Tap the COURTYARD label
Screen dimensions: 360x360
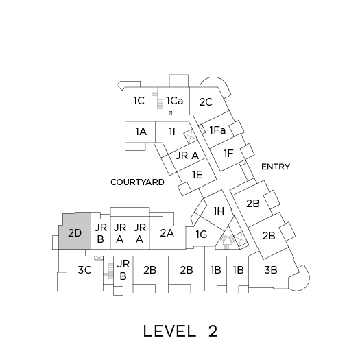coord(137,182)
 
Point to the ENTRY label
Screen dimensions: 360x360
coord(276,167)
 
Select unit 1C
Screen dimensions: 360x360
coord(139,101)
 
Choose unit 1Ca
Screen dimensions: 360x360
coord(176,101)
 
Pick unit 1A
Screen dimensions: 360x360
coord(140,132)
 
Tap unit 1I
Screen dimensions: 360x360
coord(171,132)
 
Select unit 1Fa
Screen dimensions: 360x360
coord(217,130)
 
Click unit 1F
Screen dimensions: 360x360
coord(228,153)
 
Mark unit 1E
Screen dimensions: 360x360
coord(197,175)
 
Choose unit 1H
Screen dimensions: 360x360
coord(218,211)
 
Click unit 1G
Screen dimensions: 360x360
coord(202,235)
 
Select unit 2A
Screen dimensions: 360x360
coord(167,233)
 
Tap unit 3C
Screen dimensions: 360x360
coord(84,270)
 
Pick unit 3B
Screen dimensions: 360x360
coord(271,270)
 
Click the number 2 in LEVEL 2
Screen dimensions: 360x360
coord(213,331)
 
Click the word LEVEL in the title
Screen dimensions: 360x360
coord(169,331)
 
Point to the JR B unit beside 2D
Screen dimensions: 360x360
coord(101,233)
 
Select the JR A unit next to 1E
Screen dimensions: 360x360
coord(187,156)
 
